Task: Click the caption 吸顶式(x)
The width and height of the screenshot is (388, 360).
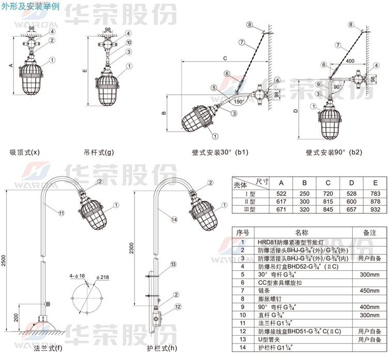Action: tap(25, 152)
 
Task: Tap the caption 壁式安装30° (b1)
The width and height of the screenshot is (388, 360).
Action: tap(219, 153)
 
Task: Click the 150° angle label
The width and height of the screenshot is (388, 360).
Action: tap(239, 102)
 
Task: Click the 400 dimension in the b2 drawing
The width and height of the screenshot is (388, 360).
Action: tap(350, 61)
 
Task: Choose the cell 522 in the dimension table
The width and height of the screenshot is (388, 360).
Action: tap(281, 193)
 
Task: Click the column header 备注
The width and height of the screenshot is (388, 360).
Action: tap(369, 233)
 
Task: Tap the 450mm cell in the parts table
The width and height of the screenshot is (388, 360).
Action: tap(369, 291)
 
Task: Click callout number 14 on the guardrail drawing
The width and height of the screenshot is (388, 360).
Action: tap(174, 220)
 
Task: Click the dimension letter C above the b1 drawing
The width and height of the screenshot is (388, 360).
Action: tap(225, 59)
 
